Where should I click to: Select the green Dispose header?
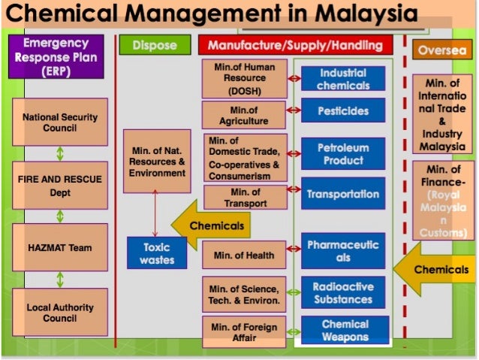(155, 46)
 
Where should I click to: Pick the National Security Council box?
(60, 123)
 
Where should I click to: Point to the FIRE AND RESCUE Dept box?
(60, 185)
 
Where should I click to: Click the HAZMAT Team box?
(60, 247)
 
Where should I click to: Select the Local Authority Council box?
(60, 313)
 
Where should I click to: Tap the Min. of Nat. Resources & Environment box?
(157, 161)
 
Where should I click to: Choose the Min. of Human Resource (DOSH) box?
(245, 79)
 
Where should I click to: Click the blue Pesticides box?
(343, 111)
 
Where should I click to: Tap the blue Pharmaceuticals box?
(343, 251)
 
